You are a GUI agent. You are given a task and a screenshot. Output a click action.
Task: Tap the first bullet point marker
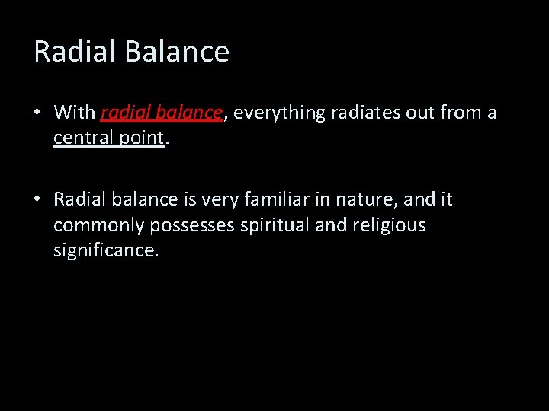(x=37, y=113)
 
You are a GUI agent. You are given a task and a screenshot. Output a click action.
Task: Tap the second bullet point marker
(x=37, y=200)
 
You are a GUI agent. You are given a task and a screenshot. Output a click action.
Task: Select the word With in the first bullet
(x=74, y=113)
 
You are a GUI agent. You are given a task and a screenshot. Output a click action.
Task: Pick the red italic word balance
(x=188, y=113)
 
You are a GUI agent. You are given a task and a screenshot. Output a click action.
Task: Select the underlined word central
(x=82, y=139)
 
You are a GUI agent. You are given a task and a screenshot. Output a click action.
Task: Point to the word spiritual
(x=271, y=226)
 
